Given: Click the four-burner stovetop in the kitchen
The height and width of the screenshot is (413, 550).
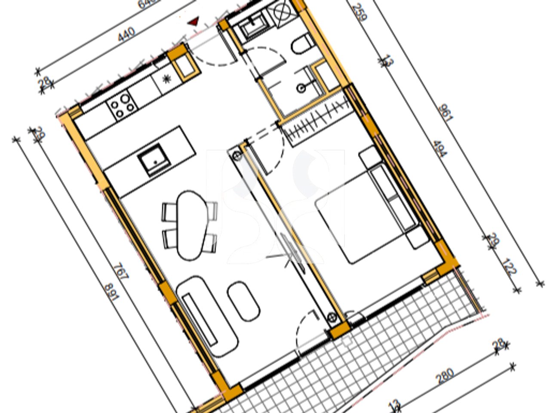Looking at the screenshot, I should coord(121,105).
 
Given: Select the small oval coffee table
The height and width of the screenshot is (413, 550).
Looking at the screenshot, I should coord(243,301).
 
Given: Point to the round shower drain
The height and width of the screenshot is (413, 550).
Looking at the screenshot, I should coord(302,89).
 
